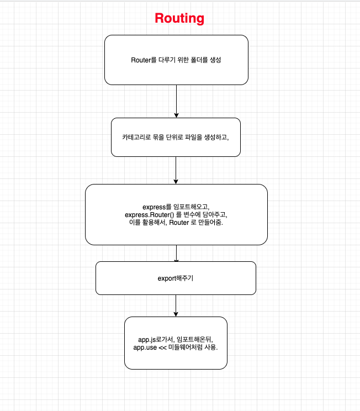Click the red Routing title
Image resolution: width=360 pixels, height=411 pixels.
(179, 18)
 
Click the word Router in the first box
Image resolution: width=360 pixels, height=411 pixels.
(140, 60)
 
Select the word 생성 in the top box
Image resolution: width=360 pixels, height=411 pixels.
(214, 60)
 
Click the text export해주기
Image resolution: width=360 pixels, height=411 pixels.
(176, 278)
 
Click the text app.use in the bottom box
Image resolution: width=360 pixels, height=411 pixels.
(145, 347)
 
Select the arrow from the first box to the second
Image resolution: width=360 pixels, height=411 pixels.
(176, 101)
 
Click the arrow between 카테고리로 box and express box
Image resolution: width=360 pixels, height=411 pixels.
(176, 170)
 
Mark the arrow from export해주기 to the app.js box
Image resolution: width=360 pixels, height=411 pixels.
(176, 305)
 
